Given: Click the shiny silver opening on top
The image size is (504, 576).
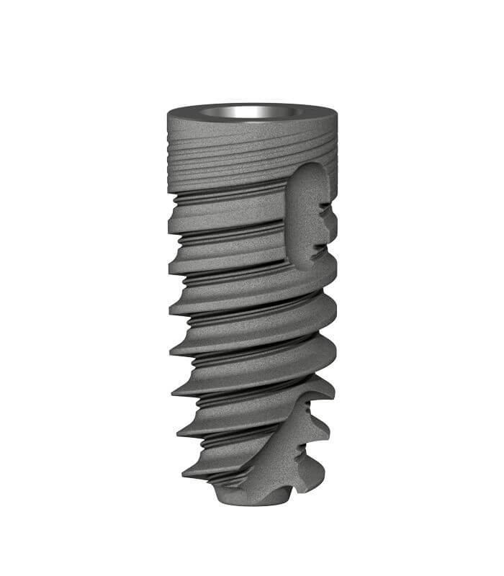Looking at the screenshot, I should [251, 112].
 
